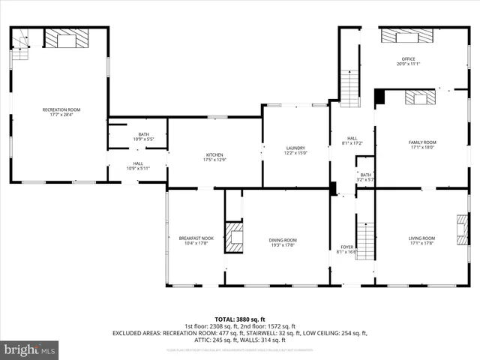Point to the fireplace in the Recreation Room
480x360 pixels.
pos(66,39)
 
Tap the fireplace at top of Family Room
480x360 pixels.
pos(420,97)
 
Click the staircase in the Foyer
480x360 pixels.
pos(364,238)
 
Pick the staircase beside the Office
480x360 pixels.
pos(349,88)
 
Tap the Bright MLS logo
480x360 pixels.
pos(30,349)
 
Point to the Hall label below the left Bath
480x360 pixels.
pos(138,166)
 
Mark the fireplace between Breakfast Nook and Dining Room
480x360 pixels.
pos(235,237)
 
